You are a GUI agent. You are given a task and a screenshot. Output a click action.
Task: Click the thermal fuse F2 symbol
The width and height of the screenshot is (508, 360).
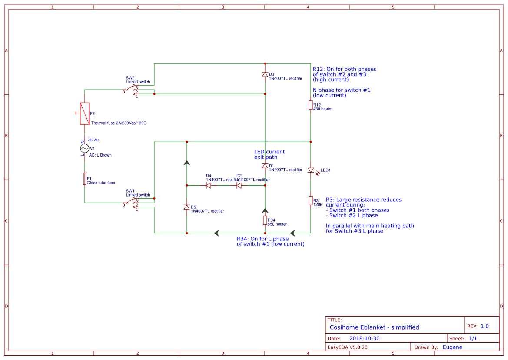point(85,113)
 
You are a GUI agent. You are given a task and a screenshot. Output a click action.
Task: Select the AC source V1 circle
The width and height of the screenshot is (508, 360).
point(85,149)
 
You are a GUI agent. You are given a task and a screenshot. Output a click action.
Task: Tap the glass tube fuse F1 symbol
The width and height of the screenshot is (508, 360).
point(85,179)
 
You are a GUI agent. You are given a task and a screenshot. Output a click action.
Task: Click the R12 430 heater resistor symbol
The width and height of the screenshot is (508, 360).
point(311,105)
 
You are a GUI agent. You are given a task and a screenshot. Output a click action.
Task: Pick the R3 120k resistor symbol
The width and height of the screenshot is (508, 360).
point(311,200)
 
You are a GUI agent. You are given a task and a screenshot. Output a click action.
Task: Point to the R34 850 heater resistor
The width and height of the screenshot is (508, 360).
point(265,220)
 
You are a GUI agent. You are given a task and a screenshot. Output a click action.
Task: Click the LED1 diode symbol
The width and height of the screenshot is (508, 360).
point(311,170)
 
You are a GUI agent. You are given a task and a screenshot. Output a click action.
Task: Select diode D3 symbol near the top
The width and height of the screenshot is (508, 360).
point(265,74)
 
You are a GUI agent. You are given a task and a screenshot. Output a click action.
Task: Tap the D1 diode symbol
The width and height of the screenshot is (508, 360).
point(265,166)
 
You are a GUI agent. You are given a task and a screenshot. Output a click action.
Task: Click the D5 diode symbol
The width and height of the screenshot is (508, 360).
point(187,207)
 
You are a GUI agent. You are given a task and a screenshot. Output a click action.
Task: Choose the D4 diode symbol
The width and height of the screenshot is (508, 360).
point(209,185)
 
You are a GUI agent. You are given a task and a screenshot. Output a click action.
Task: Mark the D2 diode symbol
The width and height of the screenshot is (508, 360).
point(239,185)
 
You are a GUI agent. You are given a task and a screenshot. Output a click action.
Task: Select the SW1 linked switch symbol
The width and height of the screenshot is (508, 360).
point(132,203)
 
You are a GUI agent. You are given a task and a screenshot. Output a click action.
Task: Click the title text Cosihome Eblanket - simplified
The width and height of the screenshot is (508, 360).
point(374,327)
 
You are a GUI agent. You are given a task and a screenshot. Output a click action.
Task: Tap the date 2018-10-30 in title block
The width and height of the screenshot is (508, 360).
point(364,338)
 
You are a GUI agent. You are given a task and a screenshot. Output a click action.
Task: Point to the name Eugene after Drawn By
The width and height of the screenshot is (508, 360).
point(452,347)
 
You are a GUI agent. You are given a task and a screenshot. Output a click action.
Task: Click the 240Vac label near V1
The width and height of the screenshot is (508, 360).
point(93,140)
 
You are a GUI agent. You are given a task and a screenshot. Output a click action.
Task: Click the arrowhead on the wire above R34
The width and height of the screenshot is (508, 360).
point(265,211)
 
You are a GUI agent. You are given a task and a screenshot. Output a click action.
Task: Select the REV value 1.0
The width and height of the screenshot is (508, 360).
point(485,326)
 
